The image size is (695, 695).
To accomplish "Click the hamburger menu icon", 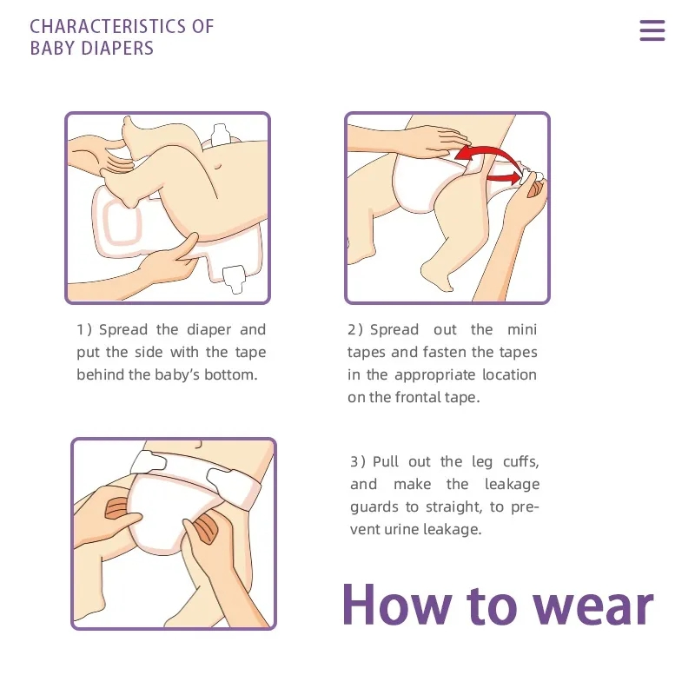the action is point(652,30).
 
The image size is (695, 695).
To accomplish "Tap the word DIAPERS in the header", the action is point(117,49).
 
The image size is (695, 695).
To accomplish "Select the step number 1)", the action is point(83,330).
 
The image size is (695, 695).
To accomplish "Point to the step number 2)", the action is point(355,330).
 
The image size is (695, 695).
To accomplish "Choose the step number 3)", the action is point(358,462).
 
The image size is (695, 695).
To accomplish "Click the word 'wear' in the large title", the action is point(593,606).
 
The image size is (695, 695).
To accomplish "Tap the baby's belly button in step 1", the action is point(217,166).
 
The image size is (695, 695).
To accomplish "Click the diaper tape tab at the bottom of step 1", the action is point(234,278).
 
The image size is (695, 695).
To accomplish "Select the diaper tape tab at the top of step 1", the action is point(221,135).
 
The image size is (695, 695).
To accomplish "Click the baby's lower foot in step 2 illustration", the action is point(436,275).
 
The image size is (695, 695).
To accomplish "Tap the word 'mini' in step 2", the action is point(522,330).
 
